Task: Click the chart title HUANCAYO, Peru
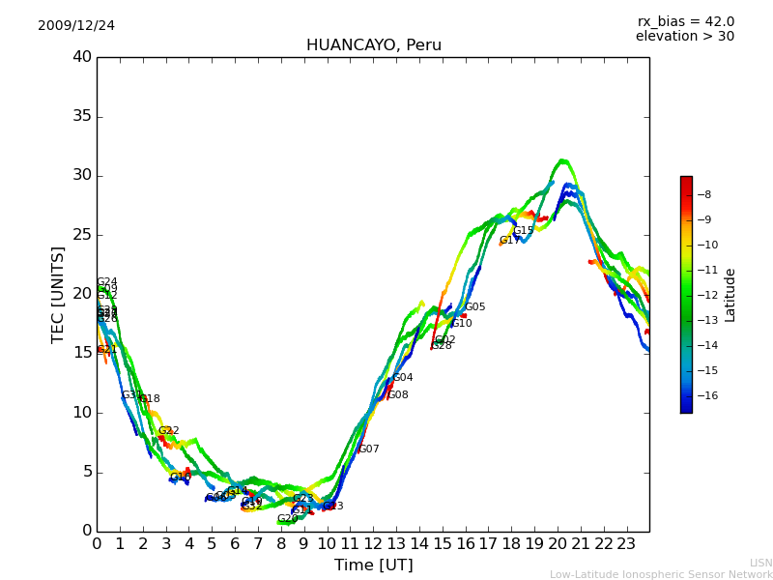click(373, 45)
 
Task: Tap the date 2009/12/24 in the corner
click(76, 25)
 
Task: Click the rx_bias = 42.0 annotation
click(685, 21)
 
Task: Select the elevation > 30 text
click(684, 37)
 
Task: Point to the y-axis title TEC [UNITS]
click(58, 294)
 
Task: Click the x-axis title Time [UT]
click(373, 565)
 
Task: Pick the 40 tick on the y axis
click(81, 57)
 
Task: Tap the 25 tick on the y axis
click(81, 235)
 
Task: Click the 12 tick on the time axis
click(373, 542)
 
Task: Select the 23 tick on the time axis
click(626, 542)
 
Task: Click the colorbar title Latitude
click(730, 294)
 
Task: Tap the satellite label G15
click(523, 230)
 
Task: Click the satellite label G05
click(474, 306)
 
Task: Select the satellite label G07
click(368, 449)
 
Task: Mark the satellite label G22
click(168, 430)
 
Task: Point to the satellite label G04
click(402, 377)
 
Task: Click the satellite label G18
click(149, 398)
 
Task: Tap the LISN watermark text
click(760, 563)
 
